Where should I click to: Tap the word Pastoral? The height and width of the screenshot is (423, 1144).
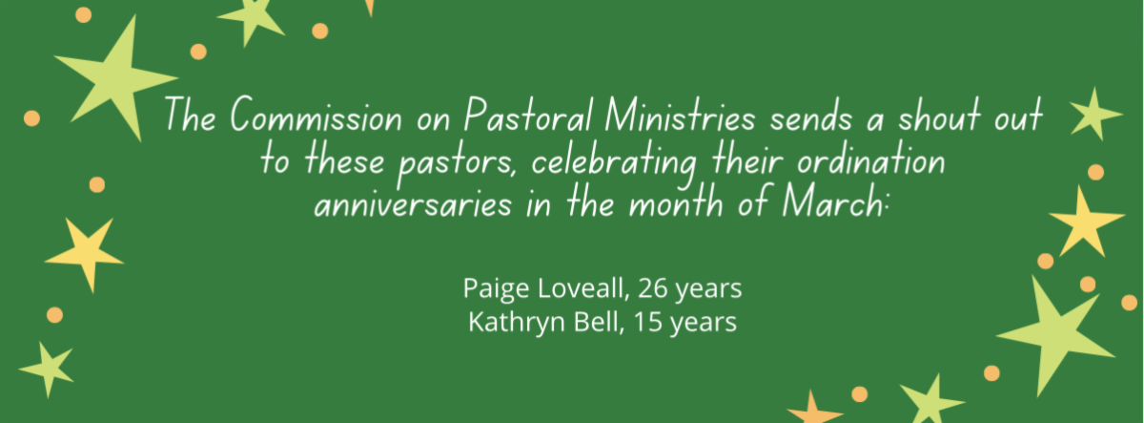click(x=528, y=115)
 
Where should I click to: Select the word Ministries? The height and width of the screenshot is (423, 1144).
click(x=680, y=115)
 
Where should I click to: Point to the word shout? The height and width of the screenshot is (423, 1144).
click(x=939, y=115)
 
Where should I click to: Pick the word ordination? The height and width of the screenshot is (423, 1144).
click(x=870, y=159)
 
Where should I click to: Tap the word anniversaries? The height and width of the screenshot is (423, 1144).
click(x=413, y=204)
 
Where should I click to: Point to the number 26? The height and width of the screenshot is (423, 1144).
click(x=653, y=288)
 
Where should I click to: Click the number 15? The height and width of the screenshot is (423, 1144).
click(x=648, y=322)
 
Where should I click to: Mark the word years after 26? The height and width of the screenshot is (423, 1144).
click(x=708, y=289)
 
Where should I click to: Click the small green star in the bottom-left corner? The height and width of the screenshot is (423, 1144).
click(x=49, y=369)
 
